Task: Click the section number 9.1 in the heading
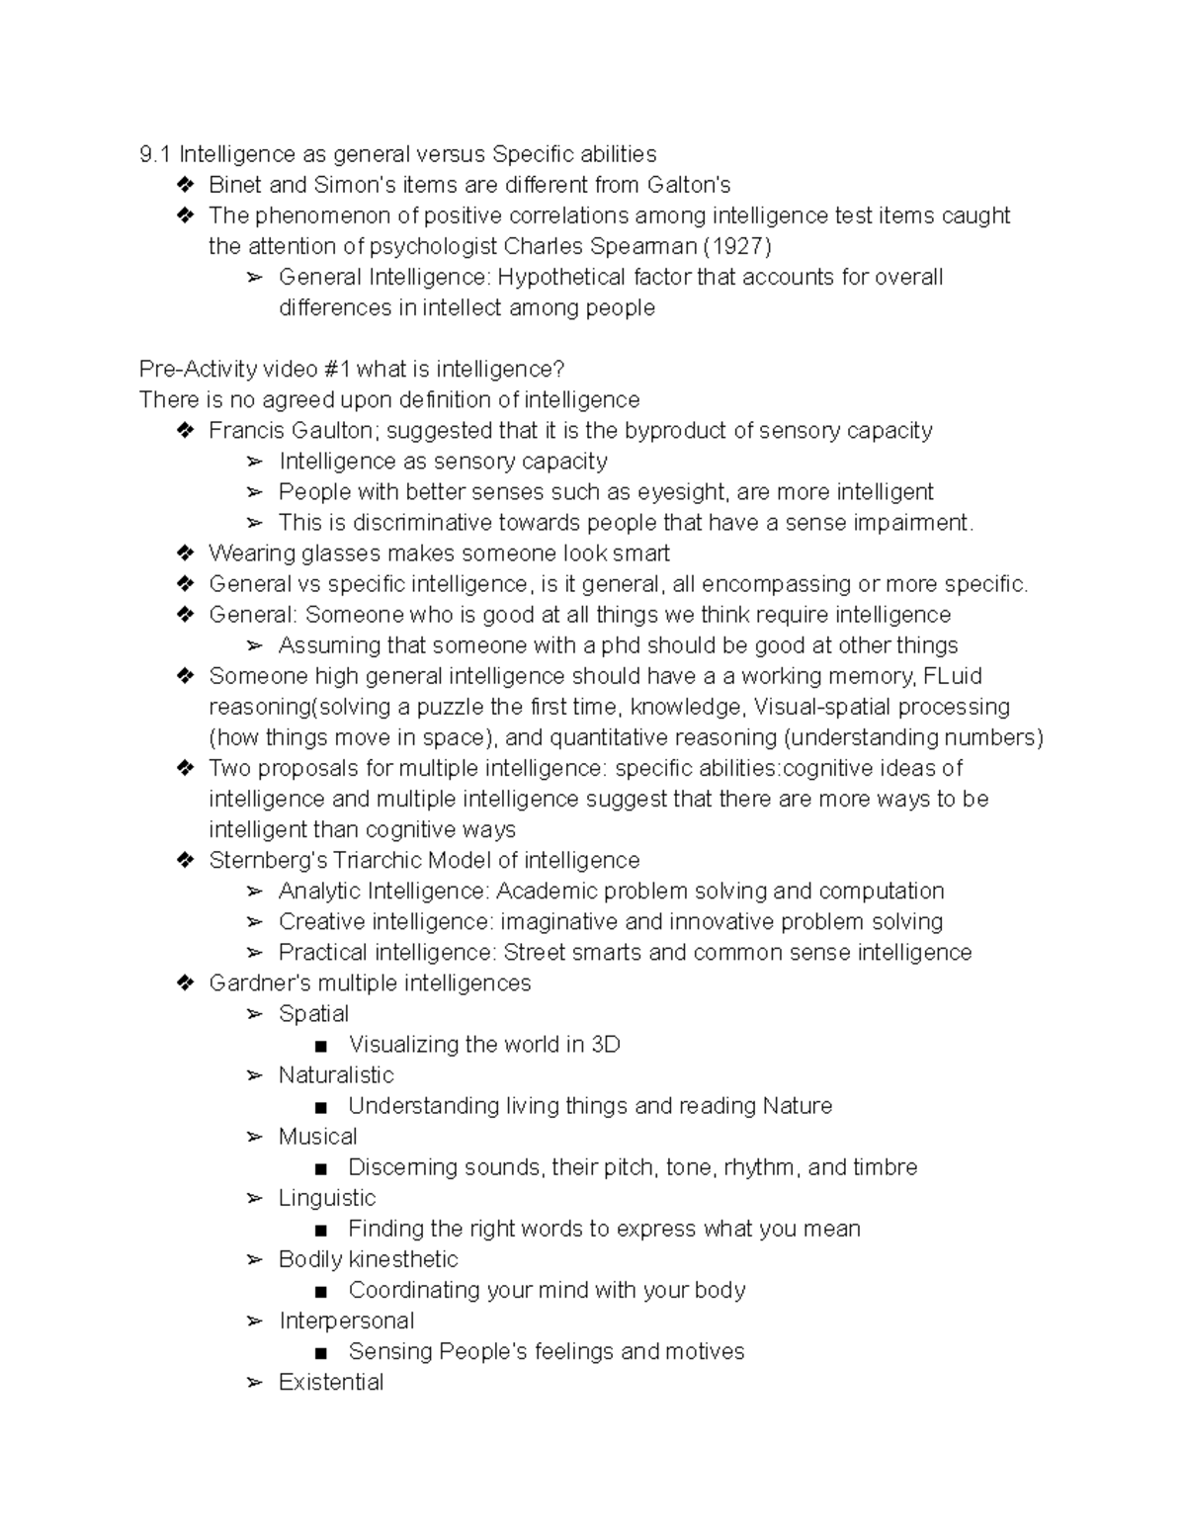155,154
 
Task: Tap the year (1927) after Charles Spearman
736,246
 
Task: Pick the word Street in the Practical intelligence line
534,952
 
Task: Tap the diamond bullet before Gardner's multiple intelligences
185,982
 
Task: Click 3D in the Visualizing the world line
605,1044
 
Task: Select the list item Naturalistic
336,1074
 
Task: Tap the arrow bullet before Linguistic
255,1198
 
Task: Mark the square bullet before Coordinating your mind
319,1291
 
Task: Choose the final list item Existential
331,1382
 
